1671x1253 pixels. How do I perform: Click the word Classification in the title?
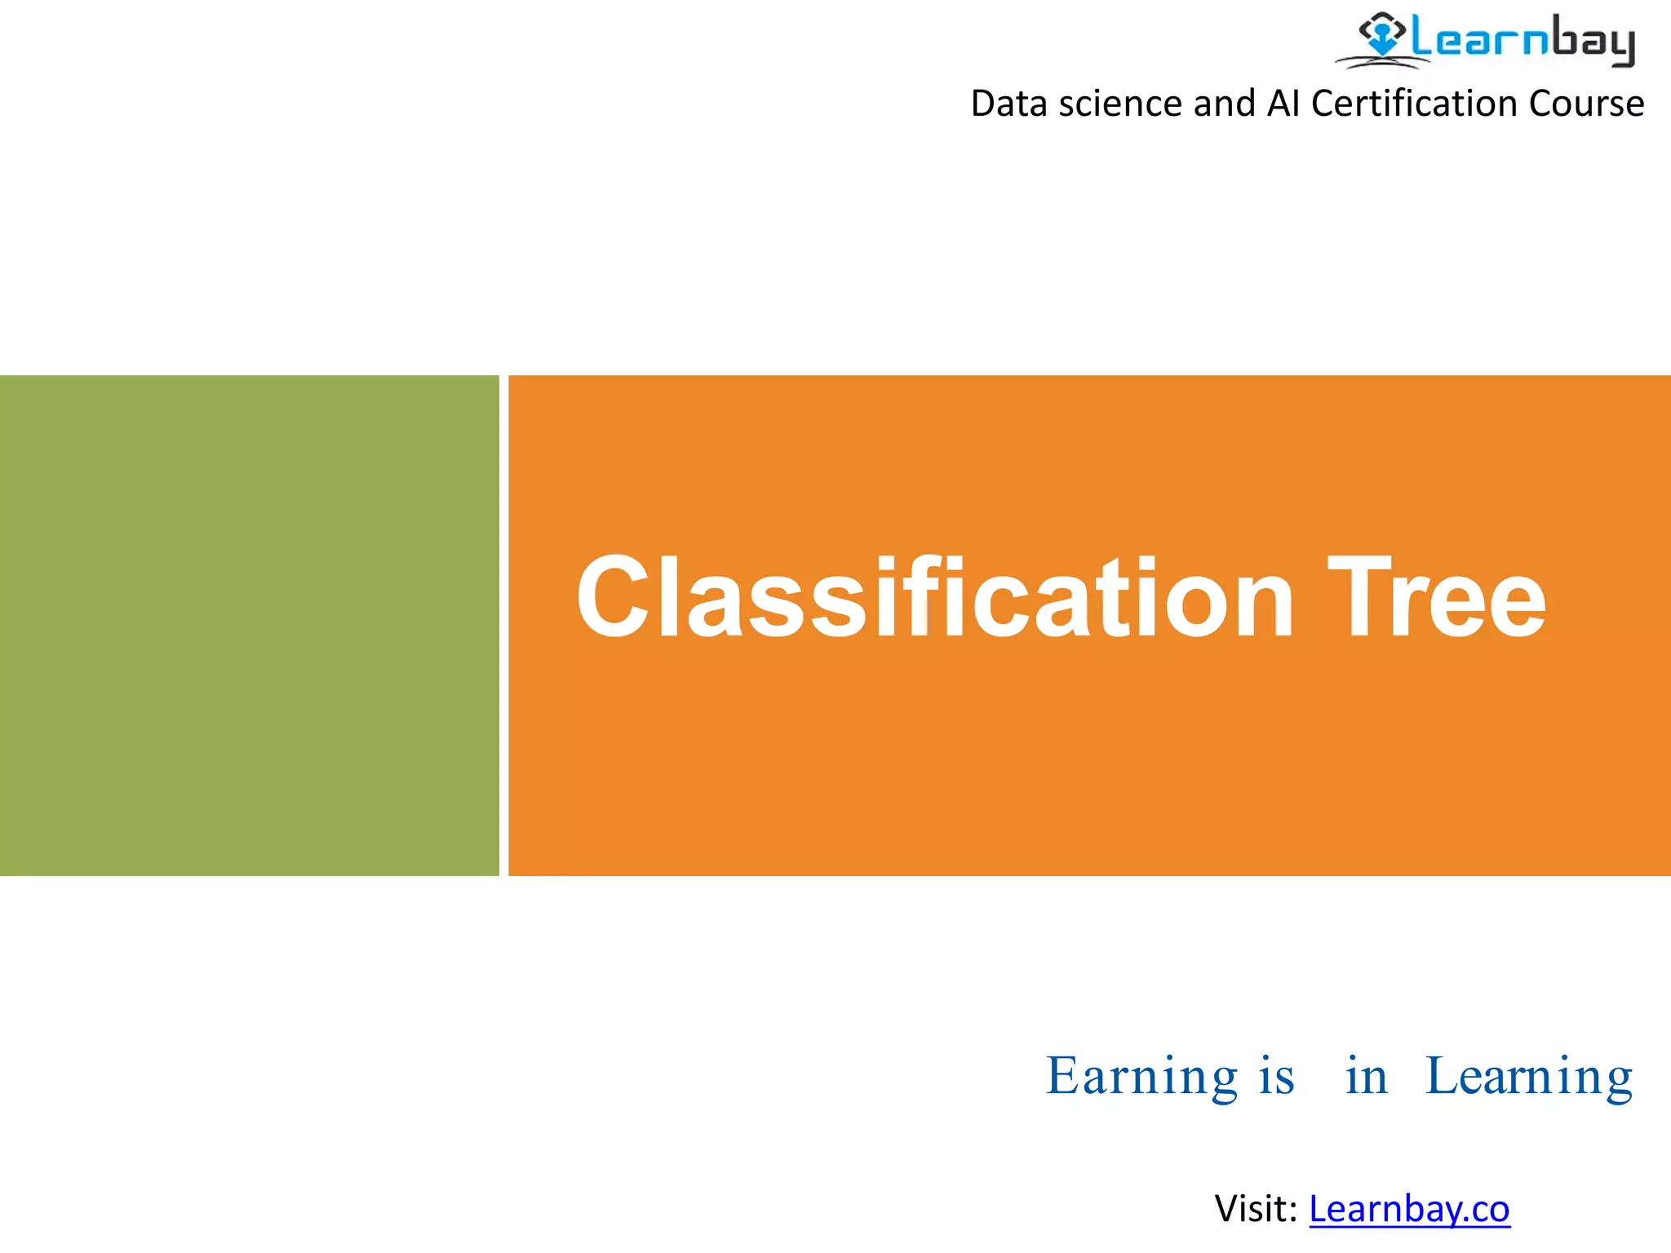click(x=934, y=597)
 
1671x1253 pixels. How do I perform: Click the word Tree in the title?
click(x=1436, y=597)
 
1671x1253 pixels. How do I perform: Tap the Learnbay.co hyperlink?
click(x=1409, y=1209)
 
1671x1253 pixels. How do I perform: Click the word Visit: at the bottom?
click(x=1255, y=1209)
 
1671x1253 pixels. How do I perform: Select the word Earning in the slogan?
click(x=1141, y=1077)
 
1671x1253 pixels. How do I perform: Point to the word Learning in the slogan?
click(x=1528, y=1077)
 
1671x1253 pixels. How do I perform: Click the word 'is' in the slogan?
click(x=1277, y=1077)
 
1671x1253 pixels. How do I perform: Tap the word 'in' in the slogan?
click(x=1366, y=1077)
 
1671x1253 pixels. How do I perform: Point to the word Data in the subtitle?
click(x=1008, y=104)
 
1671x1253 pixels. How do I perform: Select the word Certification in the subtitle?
click(x=1415, y=104)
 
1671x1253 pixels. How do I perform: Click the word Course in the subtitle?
click(x=1586, y=104)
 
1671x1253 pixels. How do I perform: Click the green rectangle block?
click(x=249, y=625)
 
